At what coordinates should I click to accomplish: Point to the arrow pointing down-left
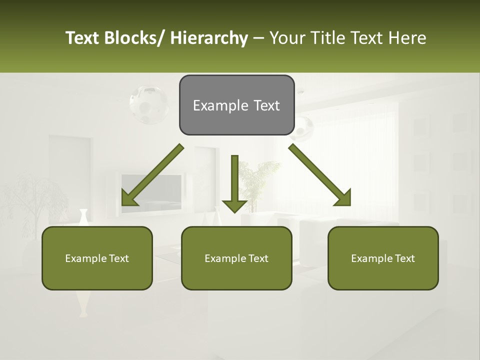pos(152,175)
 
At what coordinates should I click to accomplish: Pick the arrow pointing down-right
pos(320,175)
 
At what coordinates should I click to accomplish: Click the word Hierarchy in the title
pos(209,38)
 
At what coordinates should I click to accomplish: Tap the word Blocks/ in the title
pos(133,38)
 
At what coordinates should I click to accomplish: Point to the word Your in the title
pos(287,38)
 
